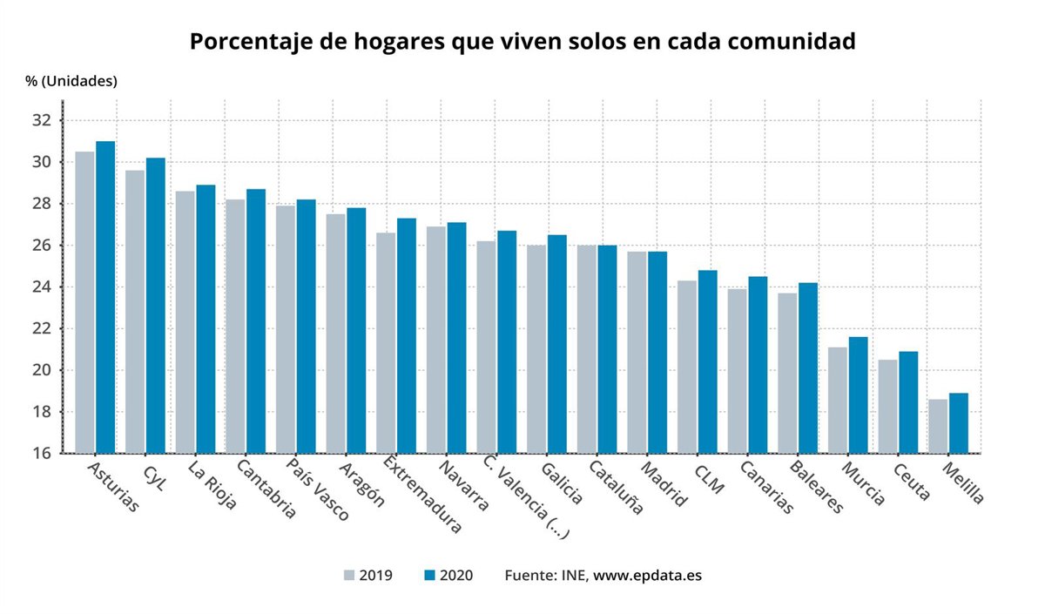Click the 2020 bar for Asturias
pos(105,297)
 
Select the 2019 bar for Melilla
pos(938,426)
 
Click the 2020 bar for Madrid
pos(657,352)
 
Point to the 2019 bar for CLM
pos(687,367)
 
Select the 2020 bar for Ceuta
pos(908,402)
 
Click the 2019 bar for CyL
pos(135,312)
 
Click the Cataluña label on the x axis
pos(616,487)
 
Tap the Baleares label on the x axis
pos(816,487)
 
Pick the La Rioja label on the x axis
pos(212,484)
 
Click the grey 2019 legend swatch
pos(349,576)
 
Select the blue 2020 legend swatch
pos(428,576)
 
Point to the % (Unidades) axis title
pos(71,81)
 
